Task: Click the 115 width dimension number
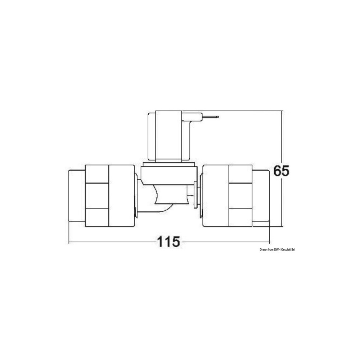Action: [168, 242]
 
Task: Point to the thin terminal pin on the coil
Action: [210, 117]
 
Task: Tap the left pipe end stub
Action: [77, 195]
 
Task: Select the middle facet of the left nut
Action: [97, 195]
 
